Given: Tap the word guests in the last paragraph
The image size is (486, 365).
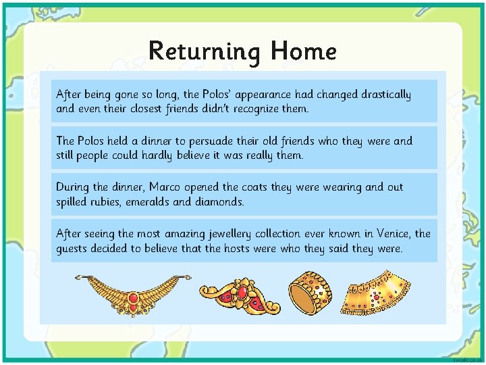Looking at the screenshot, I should click(x=74, y=248).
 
